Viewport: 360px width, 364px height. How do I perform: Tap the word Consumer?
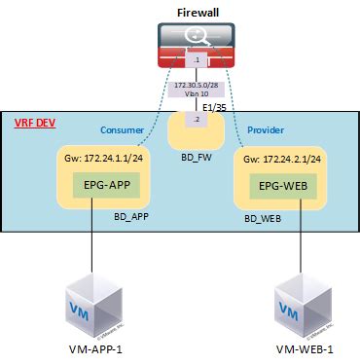123,128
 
